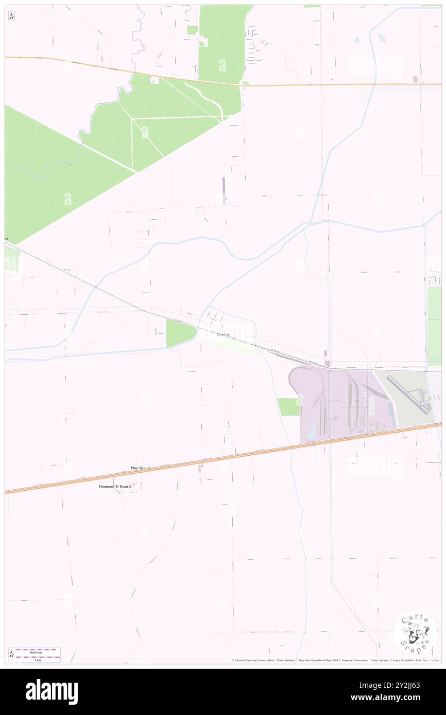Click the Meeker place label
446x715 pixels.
coord(222,335)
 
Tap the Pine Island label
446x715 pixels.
coord(140,468)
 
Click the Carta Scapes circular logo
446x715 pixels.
coord(415,633)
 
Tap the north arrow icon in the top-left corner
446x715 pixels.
coord(11,16)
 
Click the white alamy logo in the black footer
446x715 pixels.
coord(52,692)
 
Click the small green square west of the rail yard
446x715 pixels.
coord(288,407)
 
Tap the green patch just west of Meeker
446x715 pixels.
coord(180,332)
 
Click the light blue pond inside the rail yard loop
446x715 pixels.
coord(310,434)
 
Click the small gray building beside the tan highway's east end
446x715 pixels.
coord(415,79)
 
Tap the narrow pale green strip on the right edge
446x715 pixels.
coord(434,327)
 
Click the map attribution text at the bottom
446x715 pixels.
coord(335,660)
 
